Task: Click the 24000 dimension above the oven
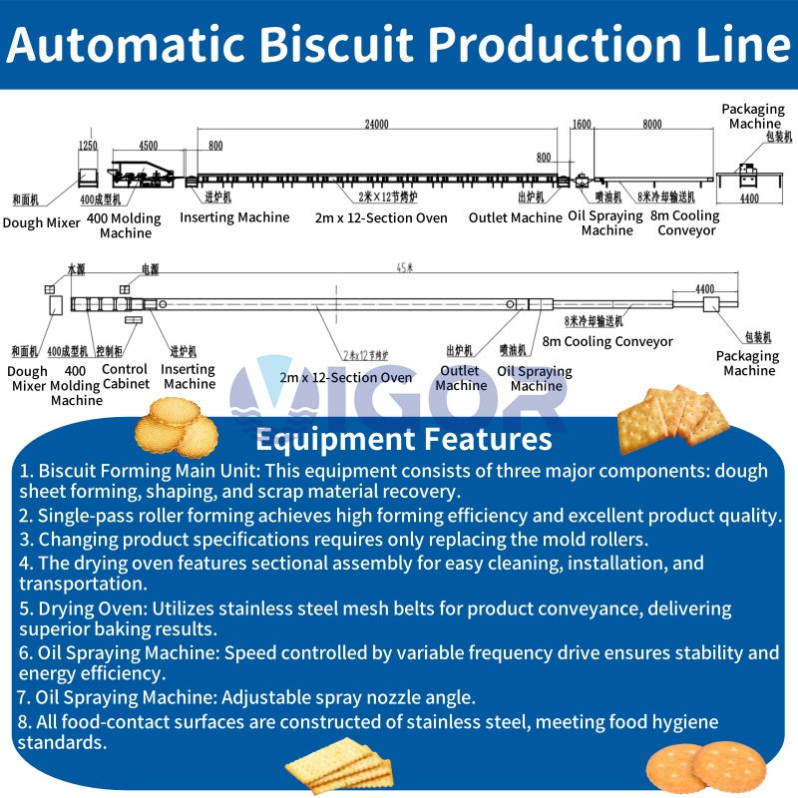pos(376,125)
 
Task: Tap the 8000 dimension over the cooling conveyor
pos(651,125)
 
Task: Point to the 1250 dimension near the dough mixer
pos(88,146)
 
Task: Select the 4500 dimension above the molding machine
pos(148,146)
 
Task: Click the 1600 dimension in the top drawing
pos(582,125)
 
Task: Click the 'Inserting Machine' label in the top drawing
pos(234,217)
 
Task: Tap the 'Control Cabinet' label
pos(127,376)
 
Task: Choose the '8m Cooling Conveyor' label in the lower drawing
pos(607,341)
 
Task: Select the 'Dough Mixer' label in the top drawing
pos(42,223)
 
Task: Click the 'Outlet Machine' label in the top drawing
pos(515,217)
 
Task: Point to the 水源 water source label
pos(77,269)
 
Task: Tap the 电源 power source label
pos(150,269)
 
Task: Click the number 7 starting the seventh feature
pos(23,697)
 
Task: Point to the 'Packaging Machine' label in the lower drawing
pos(749,363)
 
